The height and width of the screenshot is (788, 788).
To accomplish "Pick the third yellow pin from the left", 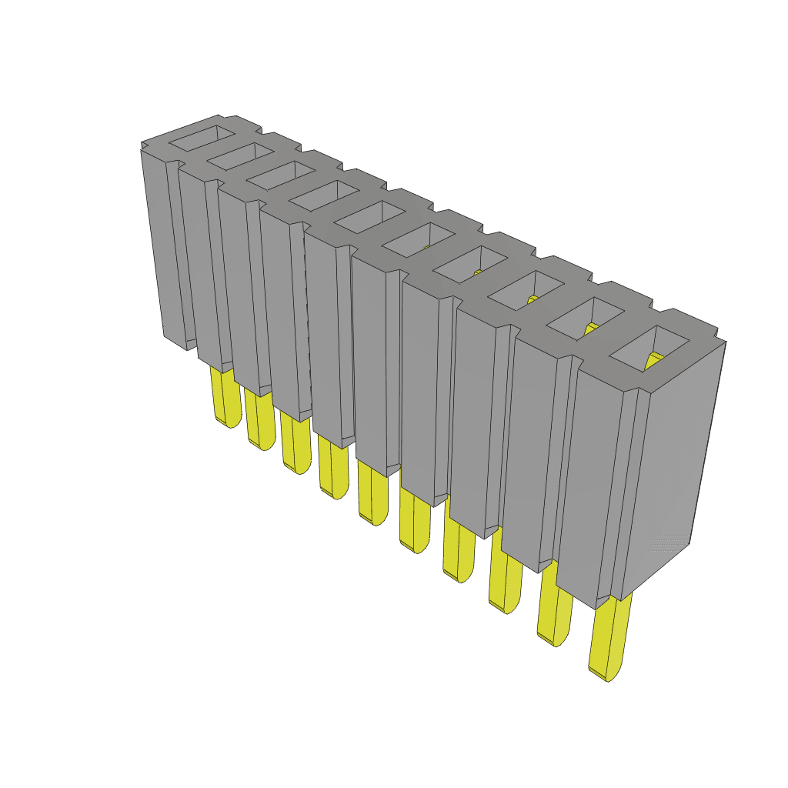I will (295, 443).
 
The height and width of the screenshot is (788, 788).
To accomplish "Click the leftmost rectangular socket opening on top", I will (202, 138).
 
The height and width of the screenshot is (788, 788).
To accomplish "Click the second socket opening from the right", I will (586, 318).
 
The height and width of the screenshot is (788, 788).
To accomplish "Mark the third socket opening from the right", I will (526, 290).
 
